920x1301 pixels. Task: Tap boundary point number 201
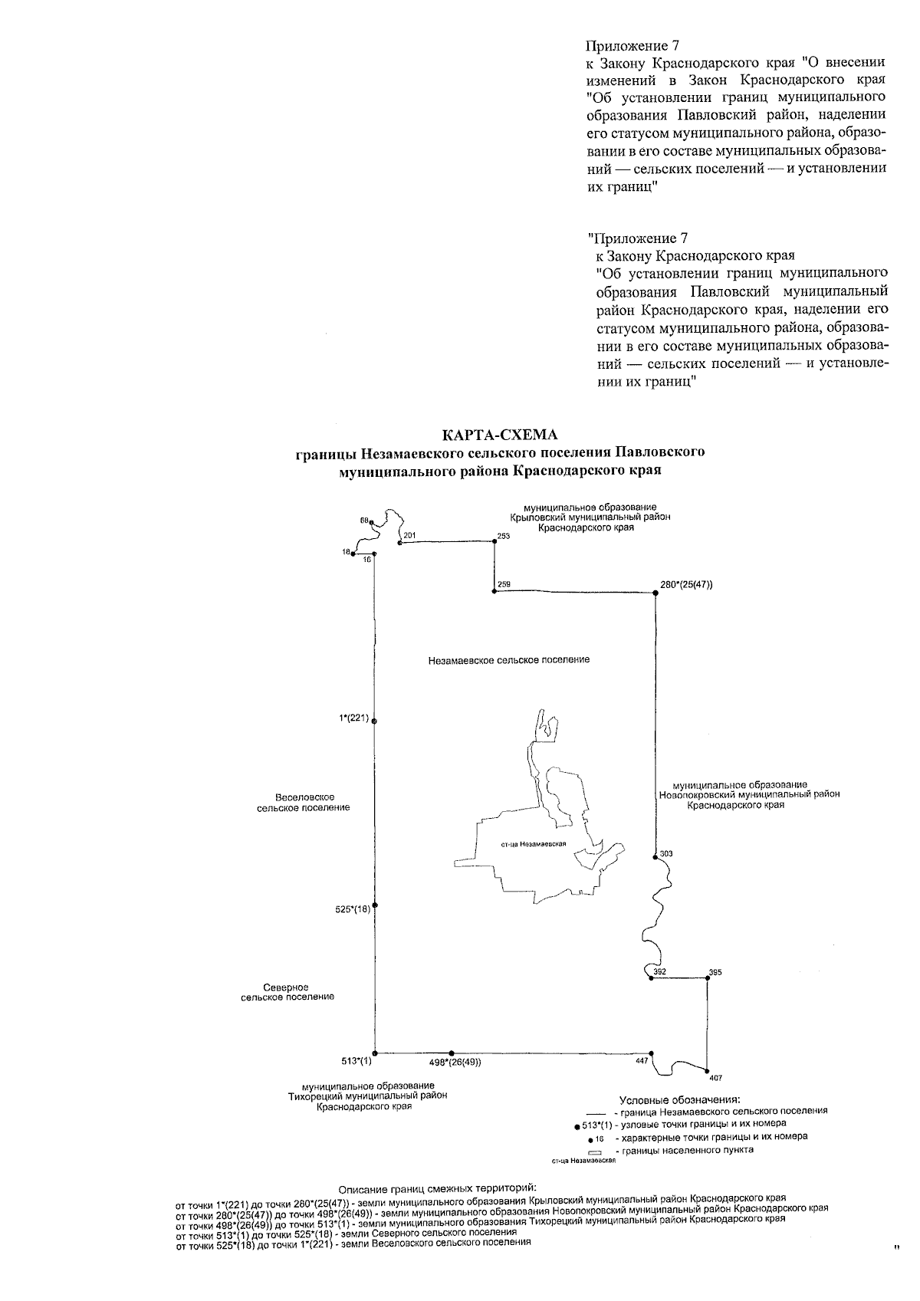click(x=401, y=543)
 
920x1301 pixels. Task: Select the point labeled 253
click(x=495, y=540)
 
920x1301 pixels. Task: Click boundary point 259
click(x=495, y=591)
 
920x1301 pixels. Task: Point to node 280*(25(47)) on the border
click(x=655, y=593)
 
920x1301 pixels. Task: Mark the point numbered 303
click(x=655, y=856)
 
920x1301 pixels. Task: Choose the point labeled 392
click(x=651, y=978)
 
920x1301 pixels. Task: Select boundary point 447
click(x=652, y=1053)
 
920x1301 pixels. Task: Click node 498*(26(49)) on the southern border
click(x=452, y=1053)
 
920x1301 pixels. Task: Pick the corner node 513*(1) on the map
click(x=375, y=1053)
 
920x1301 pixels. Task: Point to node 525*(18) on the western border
click(x=375, y=905)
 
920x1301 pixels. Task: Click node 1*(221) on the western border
click(x=374, y=721)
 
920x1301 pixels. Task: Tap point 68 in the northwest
click(x=371, y=524)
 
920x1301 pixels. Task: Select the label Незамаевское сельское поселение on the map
click(x=509, y=659)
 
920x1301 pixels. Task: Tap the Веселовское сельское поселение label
click(x=304, y=803)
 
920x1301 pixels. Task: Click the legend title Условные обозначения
click(x=680, y=1099)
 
